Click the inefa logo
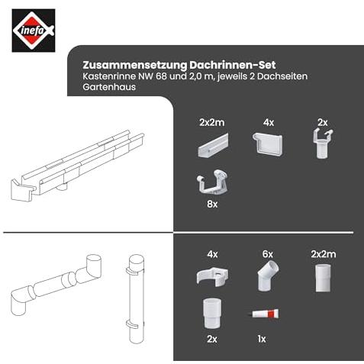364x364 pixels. (x=34, y=31)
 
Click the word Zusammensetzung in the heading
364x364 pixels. (x=135, y=65)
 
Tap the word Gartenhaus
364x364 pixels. (x=109, y=87)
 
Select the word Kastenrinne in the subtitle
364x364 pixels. (x=109, y=76)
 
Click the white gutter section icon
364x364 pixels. (x=213, y=145)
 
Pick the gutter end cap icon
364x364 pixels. (x=267, y=144)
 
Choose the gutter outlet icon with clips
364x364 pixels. (x=323, y=143)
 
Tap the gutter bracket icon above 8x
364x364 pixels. (x=212, y=182)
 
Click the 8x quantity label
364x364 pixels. (x=212, y=204)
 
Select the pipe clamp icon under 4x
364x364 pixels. (x=212, y=276)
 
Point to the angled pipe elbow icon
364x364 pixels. (x=268, y=275)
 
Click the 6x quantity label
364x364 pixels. (x=268, y=254)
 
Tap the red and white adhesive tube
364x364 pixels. (x=264, y=314)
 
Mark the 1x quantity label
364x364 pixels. (x=262, y=339)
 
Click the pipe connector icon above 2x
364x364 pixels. (x=212, y=314)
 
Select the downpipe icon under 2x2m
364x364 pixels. (x=324, y=278)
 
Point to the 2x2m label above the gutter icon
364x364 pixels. (x=212, y=123)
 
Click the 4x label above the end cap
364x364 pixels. (x=269, y=123)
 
